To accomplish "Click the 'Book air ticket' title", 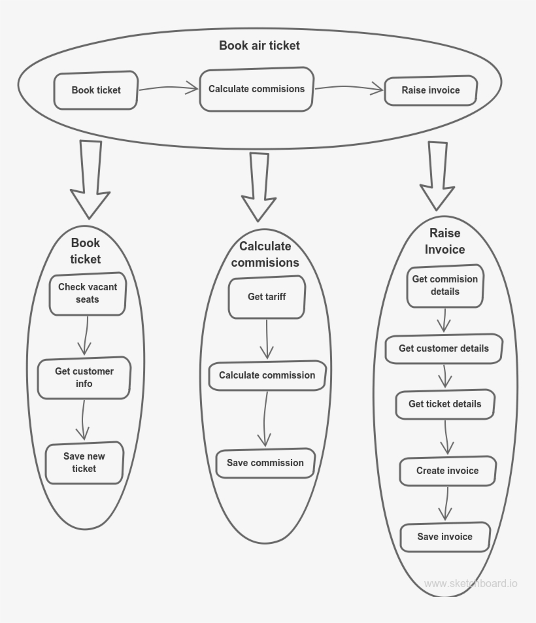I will [x=259, y=46].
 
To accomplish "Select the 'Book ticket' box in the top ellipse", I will [x=96, y=90].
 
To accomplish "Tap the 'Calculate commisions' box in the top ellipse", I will [x=256, y=89].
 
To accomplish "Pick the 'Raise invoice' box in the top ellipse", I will [x=430, y=90].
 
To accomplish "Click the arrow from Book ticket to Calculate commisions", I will [x=168, y=88].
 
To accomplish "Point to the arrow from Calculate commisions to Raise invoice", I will [x=348, y=88].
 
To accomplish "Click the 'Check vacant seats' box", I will [x=88, y=294].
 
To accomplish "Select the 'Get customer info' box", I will [x=84, y=378].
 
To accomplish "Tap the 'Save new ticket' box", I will [x=84, y=462].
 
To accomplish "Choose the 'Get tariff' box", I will [x=267, y=297].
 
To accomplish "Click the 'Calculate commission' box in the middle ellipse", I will [x=267, y=375].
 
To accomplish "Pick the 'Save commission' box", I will [x=265, y=463].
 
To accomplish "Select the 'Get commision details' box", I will [x=444, y=286].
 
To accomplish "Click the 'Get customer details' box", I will [x=444, y=348].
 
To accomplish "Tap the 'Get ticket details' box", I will [x=444, y=404].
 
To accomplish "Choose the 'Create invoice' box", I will [x=447, y=471].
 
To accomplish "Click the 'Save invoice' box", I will [x=444, y=537].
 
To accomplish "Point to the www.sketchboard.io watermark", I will [x=470, y=583].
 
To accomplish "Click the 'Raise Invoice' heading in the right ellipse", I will [x=444, y=241].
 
